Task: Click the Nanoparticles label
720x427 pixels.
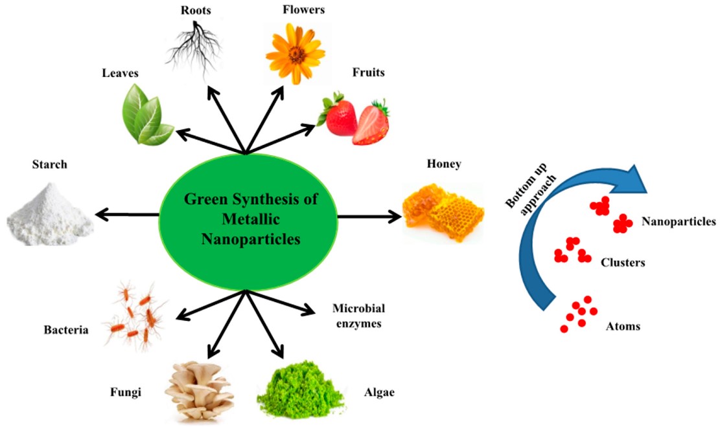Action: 679,222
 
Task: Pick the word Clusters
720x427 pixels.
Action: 622,263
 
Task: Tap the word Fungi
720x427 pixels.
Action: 126,391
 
